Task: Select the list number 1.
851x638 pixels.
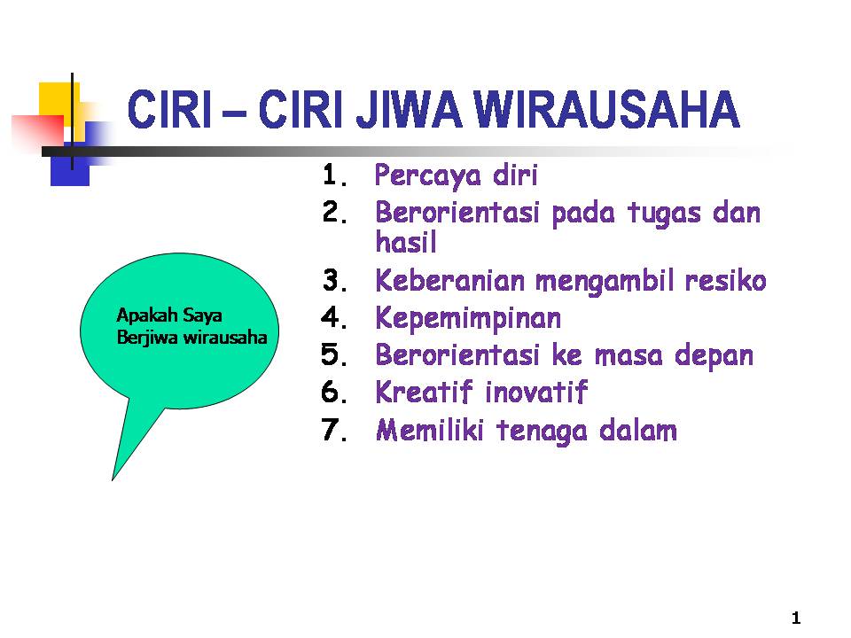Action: pyautogui.click(x=334, y=175)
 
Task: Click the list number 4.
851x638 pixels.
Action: pyautogui.click(x=334, y=317)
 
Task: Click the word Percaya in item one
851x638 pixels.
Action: pyautogui.click(x=427, y=175)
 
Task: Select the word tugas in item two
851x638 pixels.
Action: pyautogui.click(x=664, y=214)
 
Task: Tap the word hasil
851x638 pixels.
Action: pyautogui.click(x=406, y=241)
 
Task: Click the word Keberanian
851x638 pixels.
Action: pyautogui.click(x=450, y=281)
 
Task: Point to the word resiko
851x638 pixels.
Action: pyautogui.click(x=725, y=281)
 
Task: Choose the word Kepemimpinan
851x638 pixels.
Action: pyautogui.click(x=468, y=318)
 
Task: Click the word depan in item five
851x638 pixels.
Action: pyautogui.click(x=714, y=356)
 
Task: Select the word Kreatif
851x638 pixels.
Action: pyautogui.click(x=424, y=392)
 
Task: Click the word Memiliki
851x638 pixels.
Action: pyautogui.click(x=429, y=430)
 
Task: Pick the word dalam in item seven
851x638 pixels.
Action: pyautogui.click(x=638, y=430)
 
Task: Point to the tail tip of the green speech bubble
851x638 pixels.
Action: pyautogui.click(x=113, y=480)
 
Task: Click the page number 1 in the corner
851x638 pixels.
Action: pyautogui.click(x=796, y=618)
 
